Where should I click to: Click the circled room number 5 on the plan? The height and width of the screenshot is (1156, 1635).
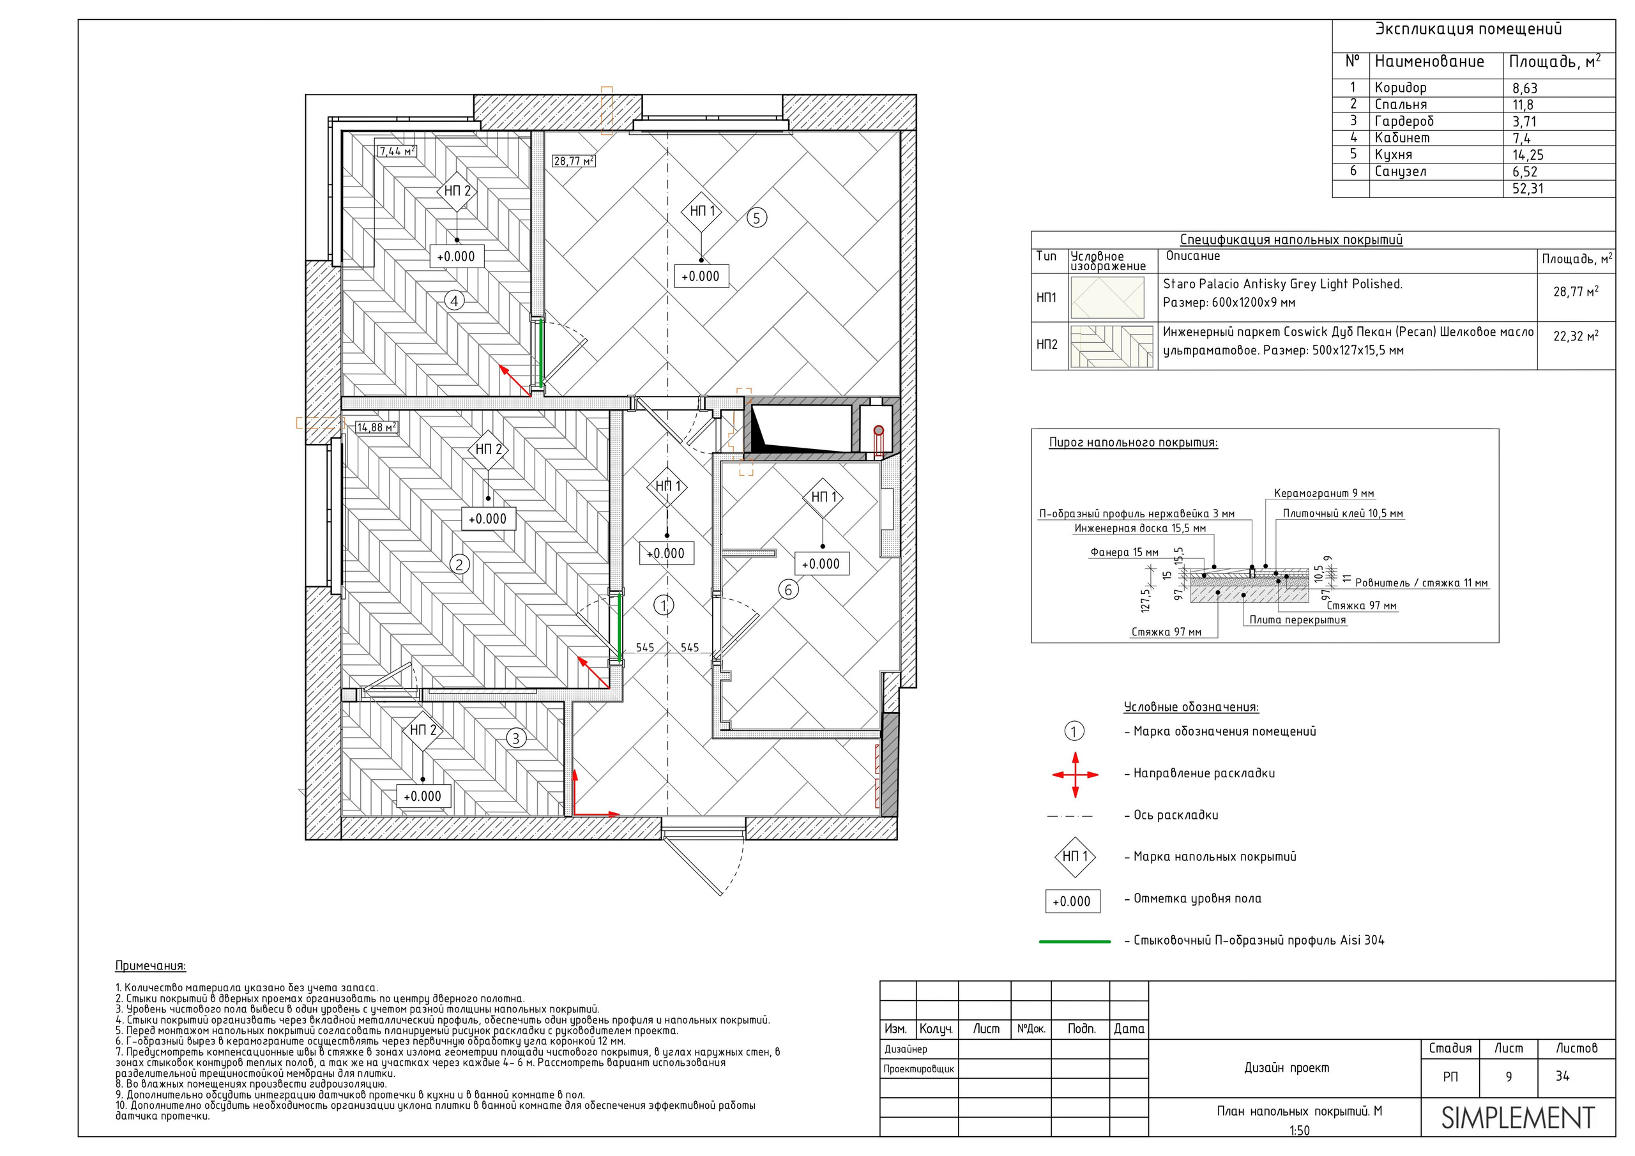point(756,218)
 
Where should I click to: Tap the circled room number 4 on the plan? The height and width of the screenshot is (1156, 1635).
point(454,301)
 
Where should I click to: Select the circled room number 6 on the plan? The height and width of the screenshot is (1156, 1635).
point(787,589)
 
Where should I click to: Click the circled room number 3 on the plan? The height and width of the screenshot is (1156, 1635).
point(516,738)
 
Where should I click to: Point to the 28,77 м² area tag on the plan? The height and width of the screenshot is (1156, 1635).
point(574,161)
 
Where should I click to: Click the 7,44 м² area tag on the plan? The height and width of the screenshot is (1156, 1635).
point(397,151)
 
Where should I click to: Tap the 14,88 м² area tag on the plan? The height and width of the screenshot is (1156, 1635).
point(377,427)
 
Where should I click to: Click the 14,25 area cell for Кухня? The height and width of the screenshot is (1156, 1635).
point(1528,155)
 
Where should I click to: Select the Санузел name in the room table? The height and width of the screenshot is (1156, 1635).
point(1400,172)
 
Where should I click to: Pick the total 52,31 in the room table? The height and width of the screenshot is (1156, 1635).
point(1528,189)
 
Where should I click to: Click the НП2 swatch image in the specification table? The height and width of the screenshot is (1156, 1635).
point(1111,347)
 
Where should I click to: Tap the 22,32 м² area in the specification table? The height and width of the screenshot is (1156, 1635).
point(1575,336)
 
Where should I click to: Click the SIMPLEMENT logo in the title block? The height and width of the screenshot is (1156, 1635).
point(1517,1118)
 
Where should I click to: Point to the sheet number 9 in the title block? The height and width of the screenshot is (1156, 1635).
point(1509,1077)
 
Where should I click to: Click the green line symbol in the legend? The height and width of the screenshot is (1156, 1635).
point(1075,941)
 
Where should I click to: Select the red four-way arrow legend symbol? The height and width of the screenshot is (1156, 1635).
point(1075,774)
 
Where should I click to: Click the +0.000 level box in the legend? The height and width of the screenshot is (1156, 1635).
point(1072,901)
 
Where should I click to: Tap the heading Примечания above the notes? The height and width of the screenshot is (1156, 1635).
point(150,966)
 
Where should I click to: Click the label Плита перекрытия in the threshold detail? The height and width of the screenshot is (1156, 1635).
point(1297,620)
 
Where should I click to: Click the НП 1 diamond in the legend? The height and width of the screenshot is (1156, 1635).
point(1075,857)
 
